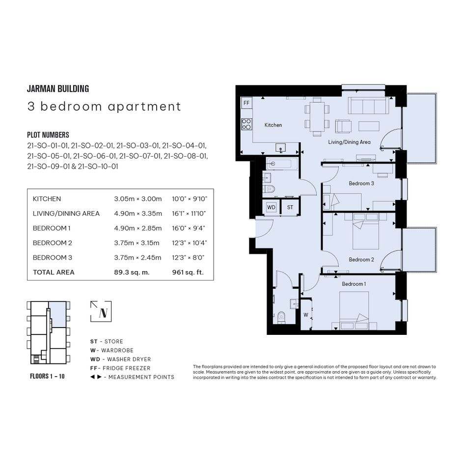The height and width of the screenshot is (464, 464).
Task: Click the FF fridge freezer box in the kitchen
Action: [246, 103]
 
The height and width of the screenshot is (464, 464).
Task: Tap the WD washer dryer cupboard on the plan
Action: [272, 207]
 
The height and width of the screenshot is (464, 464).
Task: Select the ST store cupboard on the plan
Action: [290, 207]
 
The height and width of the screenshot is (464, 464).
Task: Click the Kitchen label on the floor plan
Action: [273, 125]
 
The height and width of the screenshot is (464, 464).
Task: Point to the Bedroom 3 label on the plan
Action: [361, 183]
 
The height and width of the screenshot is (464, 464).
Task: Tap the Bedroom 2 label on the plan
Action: [361, 260]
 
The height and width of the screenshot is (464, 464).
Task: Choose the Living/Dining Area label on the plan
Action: [349, 142]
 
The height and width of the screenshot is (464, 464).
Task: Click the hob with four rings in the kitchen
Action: [246, 124]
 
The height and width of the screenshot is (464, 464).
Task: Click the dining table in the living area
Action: [317, 116]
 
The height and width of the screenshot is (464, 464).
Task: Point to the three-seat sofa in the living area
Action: [368, 106]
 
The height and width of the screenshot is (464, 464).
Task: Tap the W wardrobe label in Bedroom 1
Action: [306, 315]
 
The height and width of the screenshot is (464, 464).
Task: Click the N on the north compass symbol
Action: [103, 313]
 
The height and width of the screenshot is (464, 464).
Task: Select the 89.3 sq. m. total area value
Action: [132, 272]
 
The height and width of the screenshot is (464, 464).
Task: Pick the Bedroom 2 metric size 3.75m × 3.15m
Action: [136, 243]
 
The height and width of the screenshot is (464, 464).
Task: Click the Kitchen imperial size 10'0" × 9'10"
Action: [190, 199]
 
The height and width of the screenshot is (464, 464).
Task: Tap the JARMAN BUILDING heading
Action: [58, 88]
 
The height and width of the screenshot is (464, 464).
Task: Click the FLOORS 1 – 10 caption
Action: [47, 376]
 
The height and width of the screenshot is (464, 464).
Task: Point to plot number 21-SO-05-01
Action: [49, 156]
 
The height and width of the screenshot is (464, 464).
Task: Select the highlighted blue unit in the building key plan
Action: [57, 314]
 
